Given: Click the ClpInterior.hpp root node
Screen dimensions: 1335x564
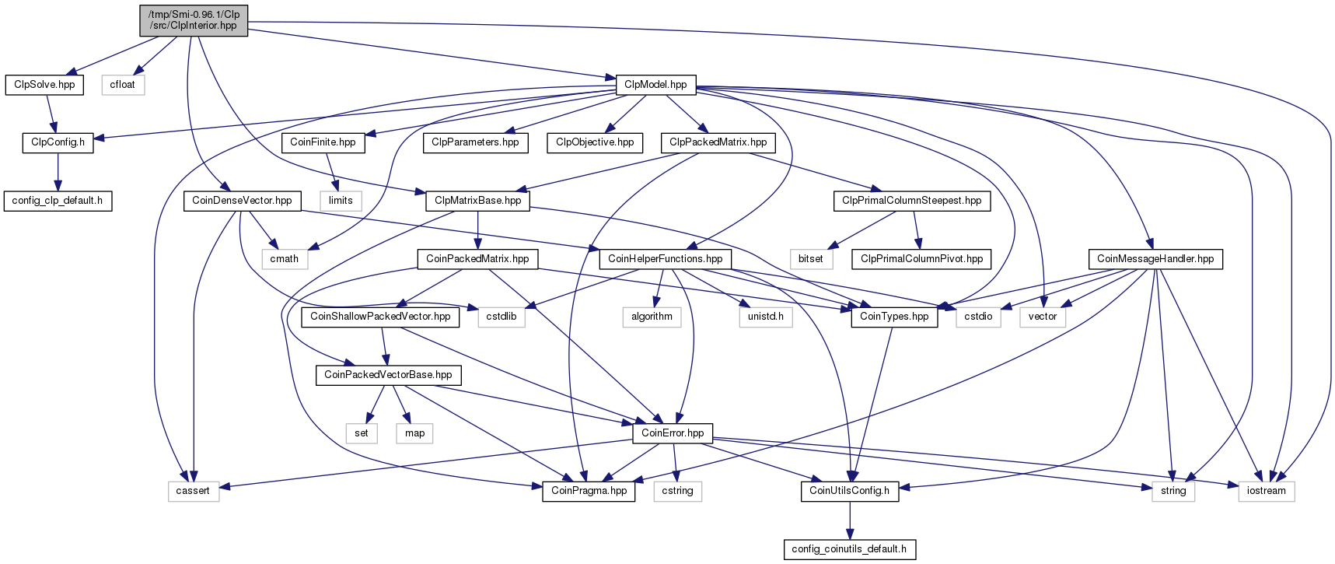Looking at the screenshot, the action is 194,19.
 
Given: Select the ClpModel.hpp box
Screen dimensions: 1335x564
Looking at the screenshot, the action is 655,84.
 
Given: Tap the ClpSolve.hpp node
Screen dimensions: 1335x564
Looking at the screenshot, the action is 44,84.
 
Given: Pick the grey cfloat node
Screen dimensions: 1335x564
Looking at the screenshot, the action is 122,84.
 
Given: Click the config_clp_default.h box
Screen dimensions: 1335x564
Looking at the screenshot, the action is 57,201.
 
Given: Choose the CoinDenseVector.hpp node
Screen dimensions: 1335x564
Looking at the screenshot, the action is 242,201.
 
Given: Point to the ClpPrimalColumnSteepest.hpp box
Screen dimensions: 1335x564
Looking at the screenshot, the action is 911,201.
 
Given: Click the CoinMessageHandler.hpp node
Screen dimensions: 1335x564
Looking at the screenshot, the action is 1155,259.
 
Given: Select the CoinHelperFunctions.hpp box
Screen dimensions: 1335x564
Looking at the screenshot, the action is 665,259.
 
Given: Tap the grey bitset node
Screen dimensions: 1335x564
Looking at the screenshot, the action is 810,259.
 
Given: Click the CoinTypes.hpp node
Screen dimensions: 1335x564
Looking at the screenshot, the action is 894,317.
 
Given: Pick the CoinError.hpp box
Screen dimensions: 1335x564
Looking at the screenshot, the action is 673,433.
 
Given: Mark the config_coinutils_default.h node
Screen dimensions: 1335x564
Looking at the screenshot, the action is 849,549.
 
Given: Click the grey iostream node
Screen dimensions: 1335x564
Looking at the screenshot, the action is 1266,491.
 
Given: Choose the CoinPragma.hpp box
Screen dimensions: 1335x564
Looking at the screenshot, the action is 589,491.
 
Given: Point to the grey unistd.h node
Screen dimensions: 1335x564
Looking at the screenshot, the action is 766,317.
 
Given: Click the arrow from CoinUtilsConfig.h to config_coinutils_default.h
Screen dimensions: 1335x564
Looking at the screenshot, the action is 850,520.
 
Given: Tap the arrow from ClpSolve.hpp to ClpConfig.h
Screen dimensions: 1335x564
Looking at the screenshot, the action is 51,114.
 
